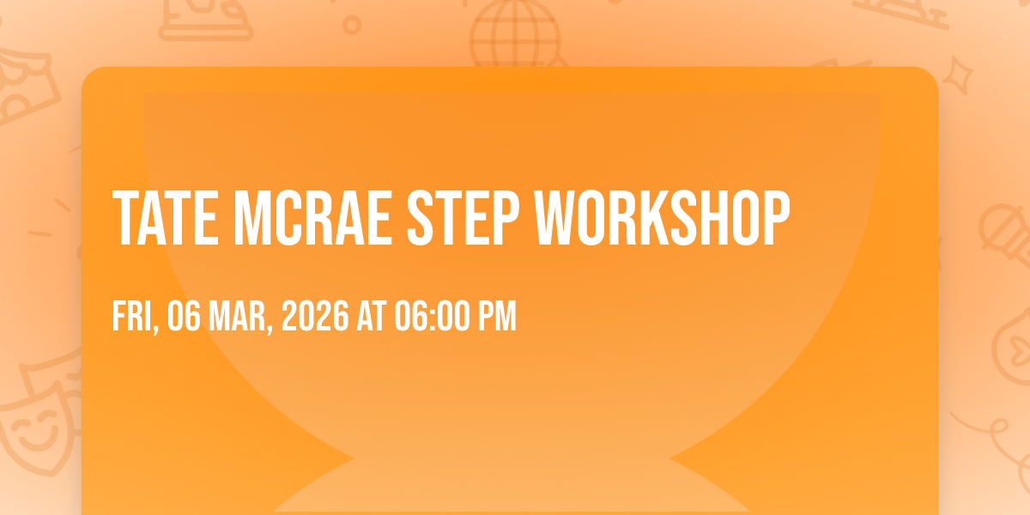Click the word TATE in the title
pyautogui.click(x=166, y=218)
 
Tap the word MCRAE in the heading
pyautogui.click(x=312, y=218)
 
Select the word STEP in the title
pyautogui.click(x=463, y=218)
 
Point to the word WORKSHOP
pyautogui.click(x=662, y=218)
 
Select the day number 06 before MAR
pyautogui.click(x=184, y=316)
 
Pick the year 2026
pyautogui.click(x=315, y=316)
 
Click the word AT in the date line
pyautogui.click(x=372, y=316)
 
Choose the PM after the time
pyautogui.click(x=498, y=316)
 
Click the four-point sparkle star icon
pyautogui.click(x=958, y=76)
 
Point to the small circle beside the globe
pyautogui.click(x=352, y=25)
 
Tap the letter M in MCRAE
pyautogui.click(x=252, y=218)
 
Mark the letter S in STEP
pyautogui.click(x=421, y=218)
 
